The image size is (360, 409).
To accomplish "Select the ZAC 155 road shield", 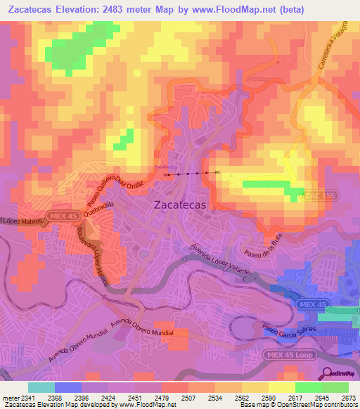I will [317, 195].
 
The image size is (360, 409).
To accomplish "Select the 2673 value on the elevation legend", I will [347, 398].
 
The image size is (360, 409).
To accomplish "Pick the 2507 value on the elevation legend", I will [188, 398].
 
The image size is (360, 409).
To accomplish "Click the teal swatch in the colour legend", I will [41, 387].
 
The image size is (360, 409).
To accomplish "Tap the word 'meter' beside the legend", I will [8, 398].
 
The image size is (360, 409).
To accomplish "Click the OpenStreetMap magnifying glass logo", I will [328, 373].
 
